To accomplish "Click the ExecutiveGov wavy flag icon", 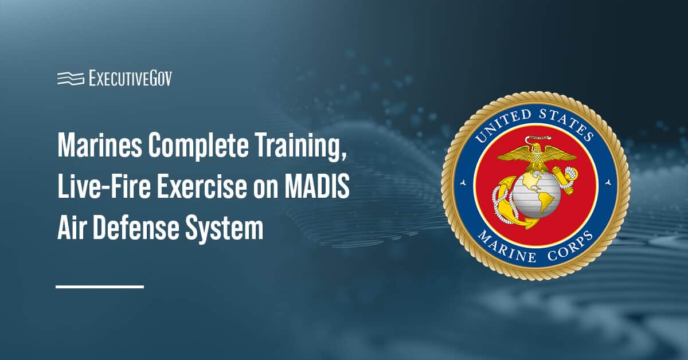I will click(70, 79).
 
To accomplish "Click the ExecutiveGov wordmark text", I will click(130, 79).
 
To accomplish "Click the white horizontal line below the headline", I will click(100, 286).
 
